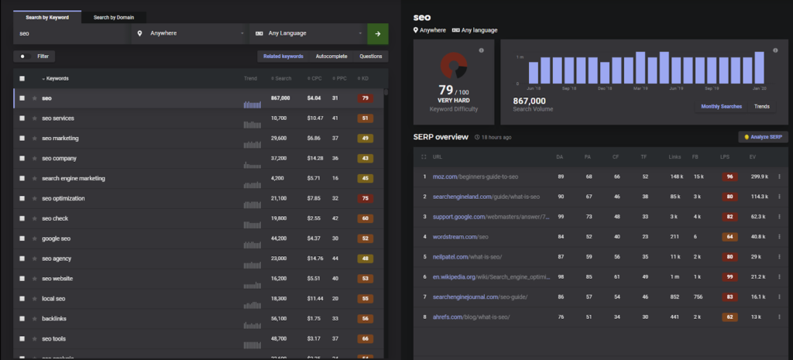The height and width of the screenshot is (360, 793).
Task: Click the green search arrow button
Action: click(378, 34)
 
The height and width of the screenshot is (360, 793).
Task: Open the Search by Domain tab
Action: click(114, 17)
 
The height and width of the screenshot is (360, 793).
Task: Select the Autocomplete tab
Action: click(331, 57)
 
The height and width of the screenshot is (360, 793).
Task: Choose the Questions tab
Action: click(369, 57)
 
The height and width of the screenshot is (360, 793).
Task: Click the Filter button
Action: click(35, 57)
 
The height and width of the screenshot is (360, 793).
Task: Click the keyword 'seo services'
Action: click(58, 118)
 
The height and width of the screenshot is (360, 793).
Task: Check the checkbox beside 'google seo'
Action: click(22, 239)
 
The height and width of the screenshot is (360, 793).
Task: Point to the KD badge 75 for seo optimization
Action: click(364, 199)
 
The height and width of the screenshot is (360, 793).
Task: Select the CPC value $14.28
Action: click(314, 159)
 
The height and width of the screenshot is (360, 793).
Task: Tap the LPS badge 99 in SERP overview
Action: click(729, 276)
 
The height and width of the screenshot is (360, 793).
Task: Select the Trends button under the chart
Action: click(761, 106)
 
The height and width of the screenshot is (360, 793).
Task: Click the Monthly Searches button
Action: click(721, 106)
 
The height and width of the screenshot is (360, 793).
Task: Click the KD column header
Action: click(363, 78)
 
